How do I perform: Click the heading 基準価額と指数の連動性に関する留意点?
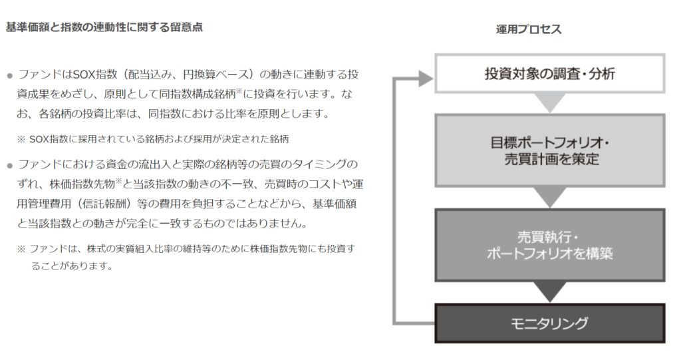(104, 28)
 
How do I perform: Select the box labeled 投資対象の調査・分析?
(549, 73)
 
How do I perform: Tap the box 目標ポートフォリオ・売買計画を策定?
(549, 151)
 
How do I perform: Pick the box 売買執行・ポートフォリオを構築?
(549, 245)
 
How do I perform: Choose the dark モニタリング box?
(549, 323)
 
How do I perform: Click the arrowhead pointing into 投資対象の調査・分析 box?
(426, 79)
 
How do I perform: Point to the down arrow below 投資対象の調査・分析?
(549, 103)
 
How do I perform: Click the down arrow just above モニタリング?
(549, 291)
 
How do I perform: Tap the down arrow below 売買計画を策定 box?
(549, 197)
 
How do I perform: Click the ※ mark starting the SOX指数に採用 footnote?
(21, 139)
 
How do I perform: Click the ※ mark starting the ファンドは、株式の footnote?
(21, 249)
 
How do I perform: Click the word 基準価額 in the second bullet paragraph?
(340, 202)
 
